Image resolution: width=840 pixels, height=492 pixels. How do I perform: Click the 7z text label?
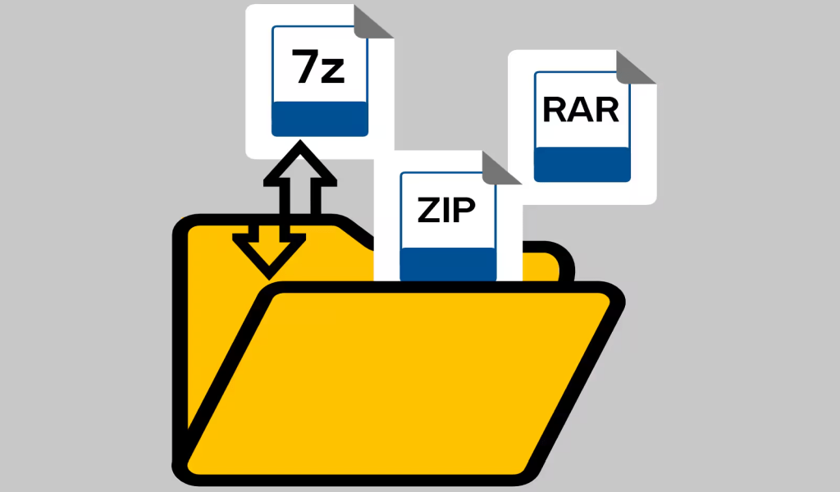pos(318,66)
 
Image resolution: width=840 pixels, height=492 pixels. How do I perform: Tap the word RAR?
pos(581,110)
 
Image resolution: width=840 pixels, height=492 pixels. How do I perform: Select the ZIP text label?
pos(446,210)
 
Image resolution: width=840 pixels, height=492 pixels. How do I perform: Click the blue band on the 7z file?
pos(320,119)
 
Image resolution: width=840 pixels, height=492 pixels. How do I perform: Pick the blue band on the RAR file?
pos(582,164)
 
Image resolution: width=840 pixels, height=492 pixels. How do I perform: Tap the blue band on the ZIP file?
pos(449,265)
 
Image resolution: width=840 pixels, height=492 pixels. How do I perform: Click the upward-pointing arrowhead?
pos(300,162)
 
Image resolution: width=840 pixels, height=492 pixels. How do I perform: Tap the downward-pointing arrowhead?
pos(269,256)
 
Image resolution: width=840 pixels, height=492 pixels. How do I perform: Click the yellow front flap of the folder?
pos(399,382)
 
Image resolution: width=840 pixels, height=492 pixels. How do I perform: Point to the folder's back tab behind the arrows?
pos(268,225)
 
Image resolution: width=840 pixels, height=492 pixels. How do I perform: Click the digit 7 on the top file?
pos(305,66)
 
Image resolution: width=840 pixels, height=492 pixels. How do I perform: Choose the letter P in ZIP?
pos(465,210)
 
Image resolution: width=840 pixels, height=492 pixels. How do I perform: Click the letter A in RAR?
pos(582,110)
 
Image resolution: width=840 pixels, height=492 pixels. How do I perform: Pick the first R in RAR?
pos(555,110)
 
